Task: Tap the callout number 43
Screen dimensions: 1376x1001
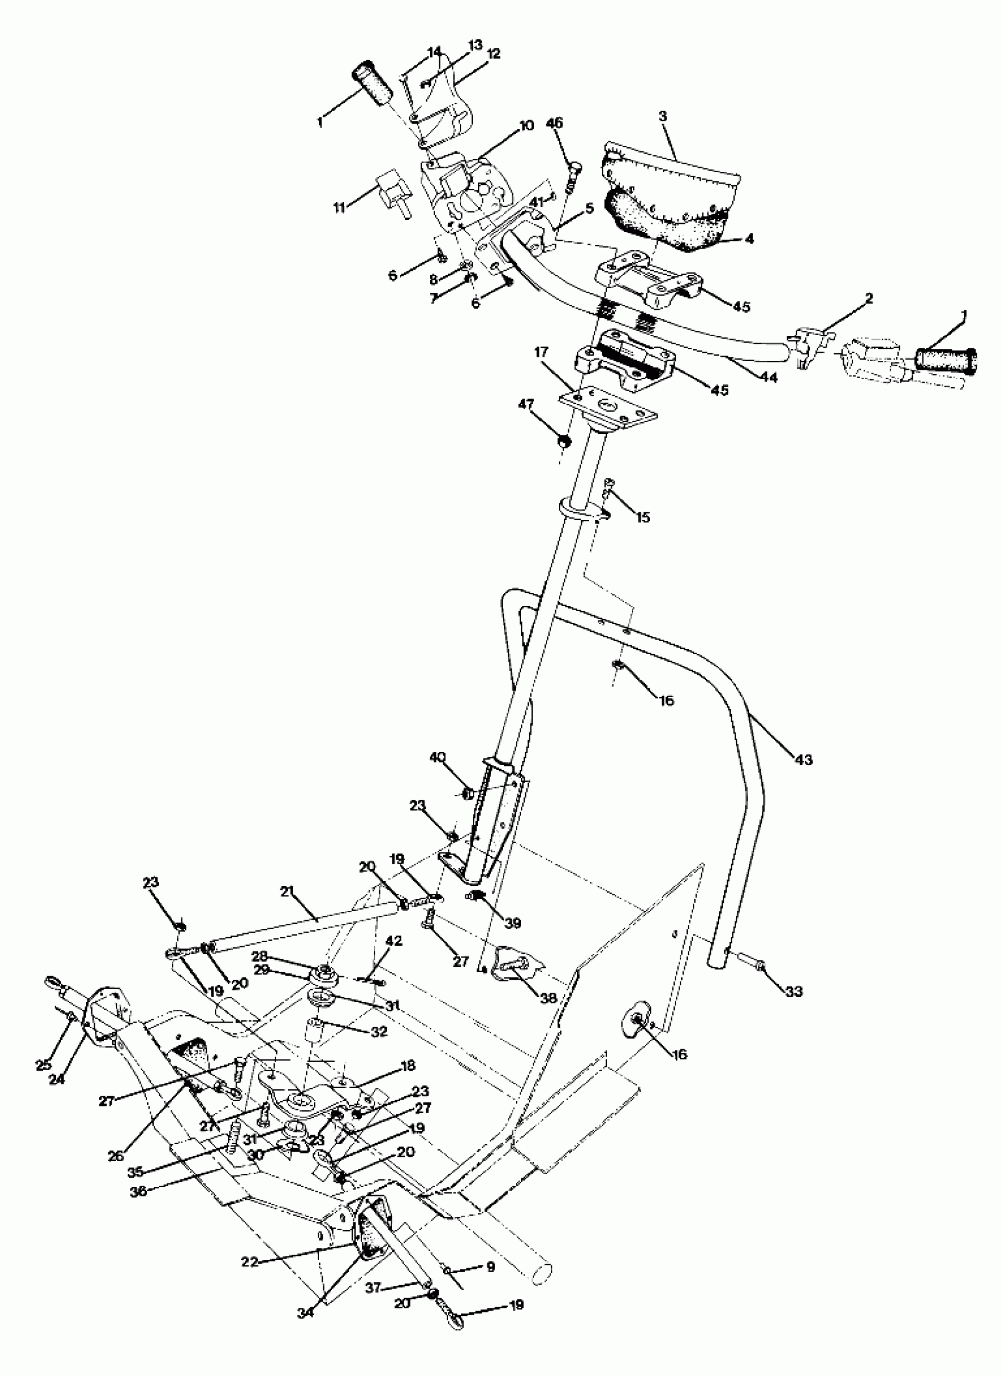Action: tap(804, 759)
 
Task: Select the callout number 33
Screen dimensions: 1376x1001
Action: tap(794, 992)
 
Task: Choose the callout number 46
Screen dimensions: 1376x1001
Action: tap(555, 122)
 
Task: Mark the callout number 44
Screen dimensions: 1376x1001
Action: tap(769, 377)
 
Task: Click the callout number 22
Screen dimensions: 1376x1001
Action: tap(250, 1261)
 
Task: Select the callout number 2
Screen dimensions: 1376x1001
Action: tap(869, 298)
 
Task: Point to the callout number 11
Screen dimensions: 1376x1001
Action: tap(339, 207)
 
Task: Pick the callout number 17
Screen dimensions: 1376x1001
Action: tap(541, 352)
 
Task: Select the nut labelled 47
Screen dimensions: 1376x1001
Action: tap(564, 441)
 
